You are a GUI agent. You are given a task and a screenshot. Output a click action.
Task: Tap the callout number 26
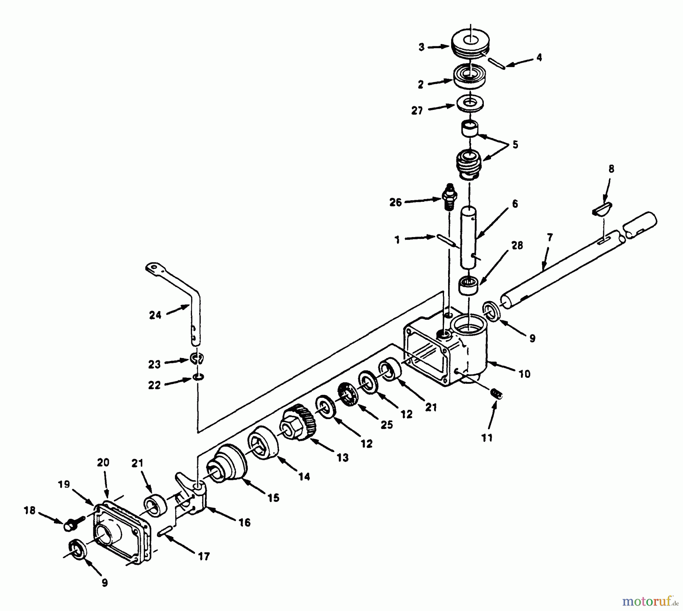click(395, 203)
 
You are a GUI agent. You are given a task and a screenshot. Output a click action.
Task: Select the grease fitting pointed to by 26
click(450, 196)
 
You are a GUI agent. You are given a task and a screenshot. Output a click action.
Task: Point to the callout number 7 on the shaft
click(550, 238)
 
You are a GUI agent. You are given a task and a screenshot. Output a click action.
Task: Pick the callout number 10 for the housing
click(524, 374)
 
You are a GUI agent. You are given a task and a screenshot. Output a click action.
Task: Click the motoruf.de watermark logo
click(650, 601)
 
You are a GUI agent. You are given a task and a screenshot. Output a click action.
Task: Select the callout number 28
click(517, 246)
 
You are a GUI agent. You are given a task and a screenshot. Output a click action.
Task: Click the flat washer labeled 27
click(470, 103)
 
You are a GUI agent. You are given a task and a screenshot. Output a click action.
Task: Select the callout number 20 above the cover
click(103, 463)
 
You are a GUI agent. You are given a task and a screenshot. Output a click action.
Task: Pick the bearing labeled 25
click(348, 395)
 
